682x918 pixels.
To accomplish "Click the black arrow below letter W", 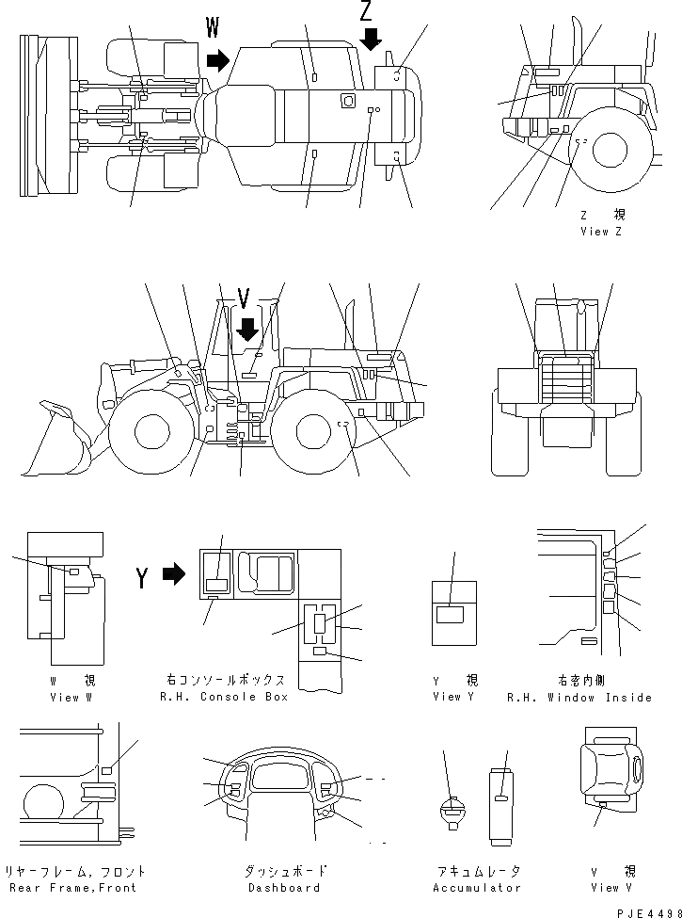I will [218, 61].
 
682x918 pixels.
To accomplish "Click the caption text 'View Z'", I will [601, 232].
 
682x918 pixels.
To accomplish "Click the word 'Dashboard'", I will [284, 888].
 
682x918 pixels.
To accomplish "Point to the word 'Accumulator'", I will [476, 888].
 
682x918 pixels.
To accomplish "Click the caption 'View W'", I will [72, 697].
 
